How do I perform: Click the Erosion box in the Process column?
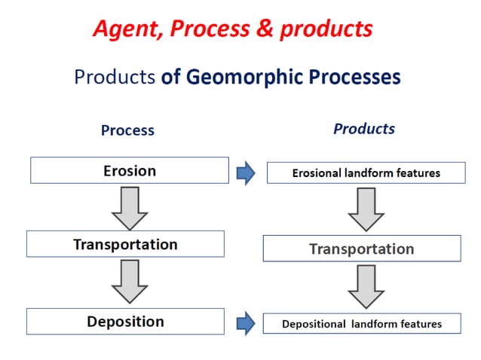[x=129, y=170]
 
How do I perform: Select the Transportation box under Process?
[x=125, y=244]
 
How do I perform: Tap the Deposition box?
[x=125, y=322]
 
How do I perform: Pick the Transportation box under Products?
[x=361, y=249]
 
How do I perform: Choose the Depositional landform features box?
[x=361, y=325]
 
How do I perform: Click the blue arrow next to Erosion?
[x=246, y=173]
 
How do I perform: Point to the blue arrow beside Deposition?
[x=246, y=324]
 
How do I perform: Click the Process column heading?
[x=127, y=130]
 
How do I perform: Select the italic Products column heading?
[x=363, y=129]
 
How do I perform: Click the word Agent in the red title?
[x=126, y=29]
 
